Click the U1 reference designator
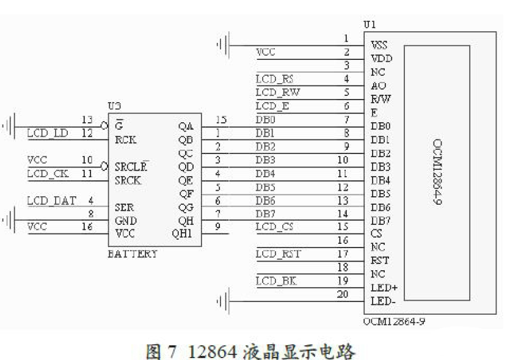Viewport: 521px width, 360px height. (370, 25)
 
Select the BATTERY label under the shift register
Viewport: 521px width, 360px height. (132, 254)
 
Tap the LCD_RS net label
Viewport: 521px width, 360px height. (274, 79)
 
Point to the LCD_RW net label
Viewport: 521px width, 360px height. (277, 92)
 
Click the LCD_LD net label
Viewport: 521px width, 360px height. (48, 133)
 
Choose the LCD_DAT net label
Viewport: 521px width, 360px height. (51, 200)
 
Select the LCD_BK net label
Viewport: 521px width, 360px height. (275, 281)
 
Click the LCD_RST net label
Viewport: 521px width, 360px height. (278, 254)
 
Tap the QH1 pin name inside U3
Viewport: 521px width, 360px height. (183, 234)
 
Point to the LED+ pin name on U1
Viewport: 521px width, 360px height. (384, 287)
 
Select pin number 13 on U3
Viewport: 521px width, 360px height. (87, 120)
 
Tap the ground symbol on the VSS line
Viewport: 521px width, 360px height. (223, 45)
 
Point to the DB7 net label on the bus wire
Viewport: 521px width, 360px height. (266, 213)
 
